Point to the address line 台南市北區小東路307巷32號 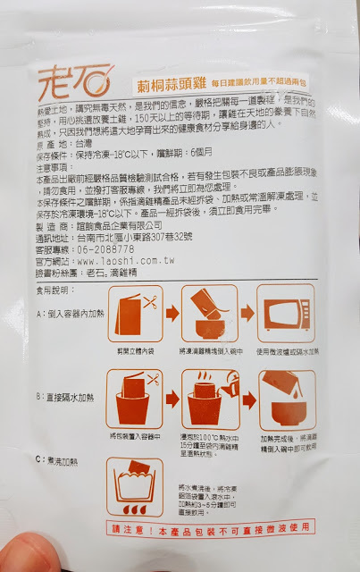tap(143, 236)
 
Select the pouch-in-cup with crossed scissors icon tap(132, 402)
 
